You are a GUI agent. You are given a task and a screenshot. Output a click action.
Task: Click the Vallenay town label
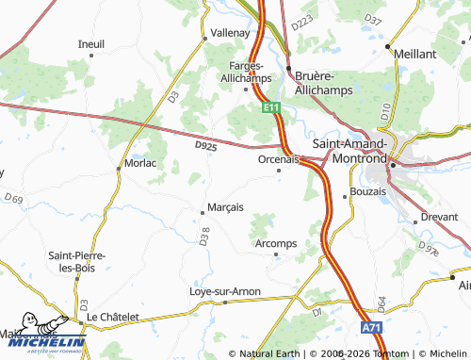(229, 31)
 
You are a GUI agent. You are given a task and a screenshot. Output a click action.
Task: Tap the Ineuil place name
(91, 43)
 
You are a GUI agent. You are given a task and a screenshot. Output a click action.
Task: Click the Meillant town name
(415, 55)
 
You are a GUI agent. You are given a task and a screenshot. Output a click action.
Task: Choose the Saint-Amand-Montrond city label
(362, 151)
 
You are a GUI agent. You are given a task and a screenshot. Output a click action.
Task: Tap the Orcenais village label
(278, 159)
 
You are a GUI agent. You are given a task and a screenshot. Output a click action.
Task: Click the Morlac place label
(139, 163)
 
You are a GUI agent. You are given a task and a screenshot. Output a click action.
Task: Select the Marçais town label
(225, 206)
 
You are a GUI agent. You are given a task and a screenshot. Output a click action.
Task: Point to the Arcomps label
(276, 243)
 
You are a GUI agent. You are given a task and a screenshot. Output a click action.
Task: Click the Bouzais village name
(367, 191)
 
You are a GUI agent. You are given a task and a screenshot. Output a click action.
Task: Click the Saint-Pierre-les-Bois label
(77, 262)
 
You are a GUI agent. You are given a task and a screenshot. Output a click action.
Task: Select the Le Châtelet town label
(114, 317)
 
